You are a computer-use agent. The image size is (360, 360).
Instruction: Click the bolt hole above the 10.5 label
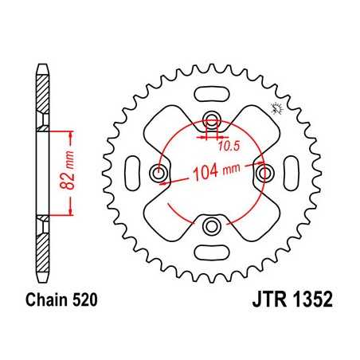(212, 120)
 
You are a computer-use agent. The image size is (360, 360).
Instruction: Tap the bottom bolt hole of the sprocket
(212, 227)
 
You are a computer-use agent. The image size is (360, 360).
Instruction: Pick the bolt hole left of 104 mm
(158, 174)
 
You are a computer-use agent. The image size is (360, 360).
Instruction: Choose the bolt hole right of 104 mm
(265, 174)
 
